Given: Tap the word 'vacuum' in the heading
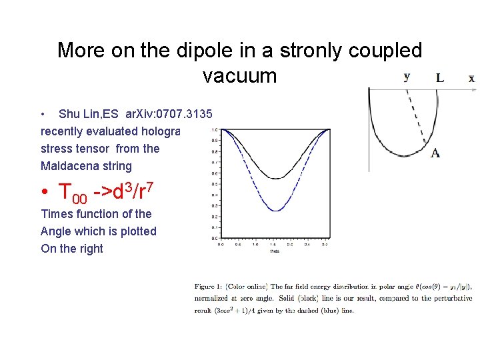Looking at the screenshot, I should point(239,75).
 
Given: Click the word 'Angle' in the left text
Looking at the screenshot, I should point(58,231).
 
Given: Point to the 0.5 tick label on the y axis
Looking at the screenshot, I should point(213,184).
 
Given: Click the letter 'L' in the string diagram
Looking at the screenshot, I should point(440,78).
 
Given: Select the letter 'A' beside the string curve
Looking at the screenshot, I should point(435,153).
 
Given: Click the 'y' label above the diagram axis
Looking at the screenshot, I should point(407,77).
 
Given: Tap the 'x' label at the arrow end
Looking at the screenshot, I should point(471,79).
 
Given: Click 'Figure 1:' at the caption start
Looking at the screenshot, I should point(209,287).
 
